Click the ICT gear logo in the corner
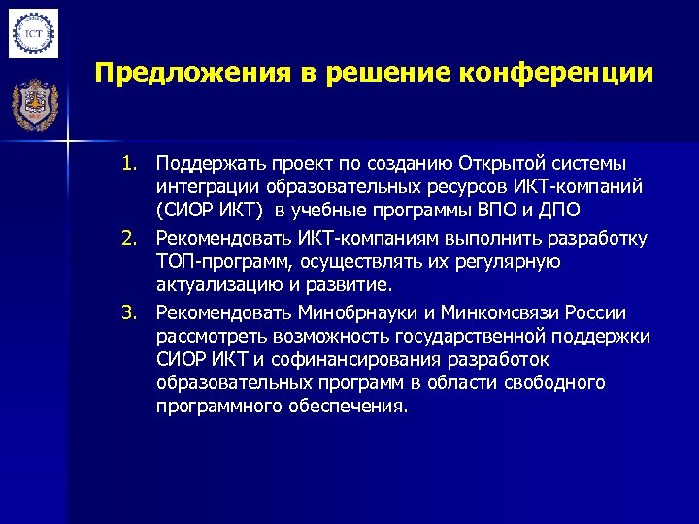(x=34, y=34)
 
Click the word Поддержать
(x=206, y=161)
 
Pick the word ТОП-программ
(x=225, y=262)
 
